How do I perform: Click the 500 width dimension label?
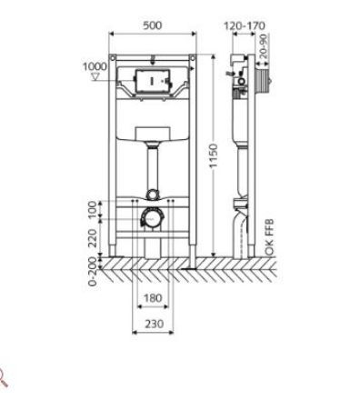coord(153,25)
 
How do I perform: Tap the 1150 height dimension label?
coord(214,155)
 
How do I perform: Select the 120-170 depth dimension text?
coord(245,25)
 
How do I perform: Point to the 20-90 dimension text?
coord(264,46)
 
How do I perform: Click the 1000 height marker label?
coord(95,66)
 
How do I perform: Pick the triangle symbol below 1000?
coord(95,76)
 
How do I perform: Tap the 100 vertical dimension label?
coord(94,209)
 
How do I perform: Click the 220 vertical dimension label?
coord(94,238)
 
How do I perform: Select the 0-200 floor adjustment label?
coord(93,272)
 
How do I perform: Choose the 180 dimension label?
coord(153,298)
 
